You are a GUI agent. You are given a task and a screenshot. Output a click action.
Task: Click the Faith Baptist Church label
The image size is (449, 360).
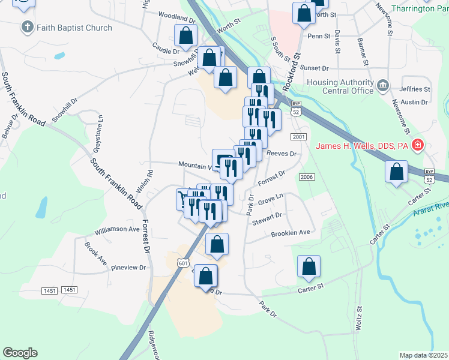coord(74,28)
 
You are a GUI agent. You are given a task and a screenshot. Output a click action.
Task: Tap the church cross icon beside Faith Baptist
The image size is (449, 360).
coord(27,27)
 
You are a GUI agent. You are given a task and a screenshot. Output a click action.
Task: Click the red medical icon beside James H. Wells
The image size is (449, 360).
coord(418,145)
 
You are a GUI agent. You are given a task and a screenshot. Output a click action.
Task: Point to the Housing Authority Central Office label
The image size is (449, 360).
coord(340,87)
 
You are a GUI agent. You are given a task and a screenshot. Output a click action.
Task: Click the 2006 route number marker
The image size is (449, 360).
coord(306,177)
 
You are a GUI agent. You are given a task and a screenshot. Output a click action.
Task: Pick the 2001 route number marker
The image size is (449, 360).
coord(299,137)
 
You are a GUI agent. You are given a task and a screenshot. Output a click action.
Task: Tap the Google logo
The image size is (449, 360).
coord(20,353)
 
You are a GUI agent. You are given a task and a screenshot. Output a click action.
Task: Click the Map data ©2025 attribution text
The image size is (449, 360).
coord(424,355)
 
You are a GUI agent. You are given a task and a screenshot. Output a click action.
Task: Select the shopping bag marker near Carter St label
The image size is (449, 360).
coord(309,268)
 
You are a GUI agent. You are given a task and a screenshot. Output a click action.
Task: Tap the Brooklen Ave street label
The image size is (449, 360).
coord(291,233)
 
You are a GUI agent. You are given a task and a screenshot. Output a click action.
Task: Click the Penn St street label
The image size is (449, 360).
coord(319,36)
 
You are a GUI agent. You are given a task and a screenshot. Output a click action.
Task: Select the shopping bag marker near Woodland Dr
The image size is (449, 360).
coord(185,37)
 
